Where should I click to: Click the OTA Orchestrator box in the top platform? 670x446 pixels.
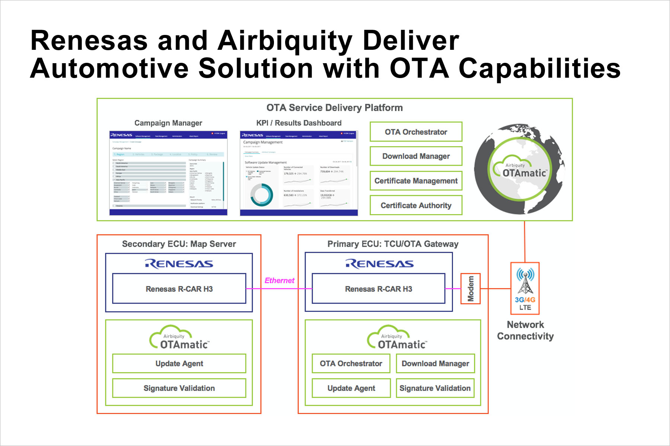pos(416,132)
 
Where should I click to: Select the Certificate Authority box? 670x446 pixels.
pos(416,206)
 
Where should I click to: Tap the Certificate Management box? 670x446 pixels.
pos(416,181)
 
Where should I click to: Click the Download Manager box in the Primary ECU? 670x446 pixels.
pos(435,363)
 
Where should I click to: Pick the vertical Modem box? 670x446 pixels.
pos(470,289)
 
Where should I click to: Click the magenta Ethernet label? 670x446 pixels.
pos(279,281)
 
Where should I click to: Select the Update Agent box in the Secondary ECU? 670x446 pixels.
pos(179,363)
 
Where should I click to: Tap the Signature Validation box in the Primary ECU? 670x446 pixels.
pos(435,388)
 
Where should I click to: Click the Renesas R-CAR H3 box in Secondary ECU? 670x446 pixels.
pos(179,289)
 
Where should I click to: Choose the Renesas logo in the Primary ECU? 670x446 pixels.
pos(379,264)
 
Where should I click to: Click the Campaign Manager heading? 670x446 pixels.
pos(168,123)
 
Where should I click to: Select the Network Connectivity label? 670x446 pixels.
pos(525,330)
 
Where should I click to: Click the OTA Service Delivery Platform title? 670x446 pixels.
pos(334,108)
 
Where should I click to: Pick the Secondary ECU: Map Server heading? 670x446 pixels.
pos(179,244)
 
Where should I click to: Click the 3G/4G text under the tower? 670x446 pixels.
pos(525,300)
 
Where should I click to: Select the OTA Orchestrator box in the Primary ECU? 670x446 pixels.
pos(351,363)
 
